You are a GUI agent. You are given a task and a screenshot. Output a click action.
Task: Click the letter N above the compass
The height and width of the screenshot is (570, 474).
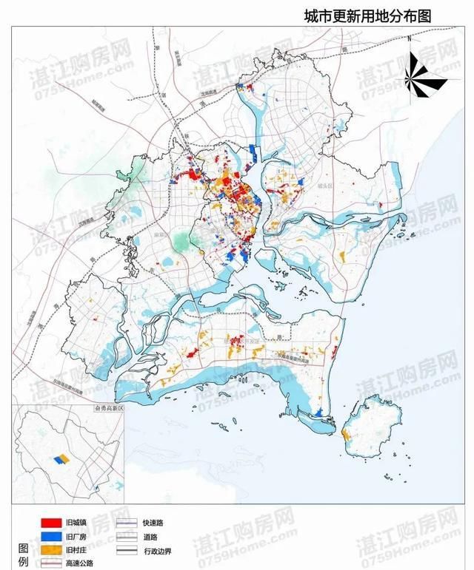409,37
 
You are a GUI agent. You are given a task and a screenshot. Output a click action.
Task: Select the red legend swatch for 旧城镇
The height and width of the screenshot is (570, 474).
50,522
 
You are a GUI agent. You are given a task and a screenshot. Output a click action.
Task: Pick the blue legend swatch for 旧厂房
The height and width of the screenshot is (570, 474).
50,536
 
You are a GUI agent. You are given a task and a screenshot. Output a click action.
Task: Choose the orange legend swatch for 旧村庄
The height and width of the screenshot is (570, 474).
50,550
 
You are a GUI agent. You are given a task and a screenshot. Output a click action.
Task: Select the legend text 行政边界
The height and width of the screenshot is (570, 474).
158,551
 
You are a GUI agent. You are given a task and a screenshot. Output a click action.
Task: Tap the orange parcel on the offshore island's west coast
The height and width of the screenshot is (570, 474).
346,435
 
